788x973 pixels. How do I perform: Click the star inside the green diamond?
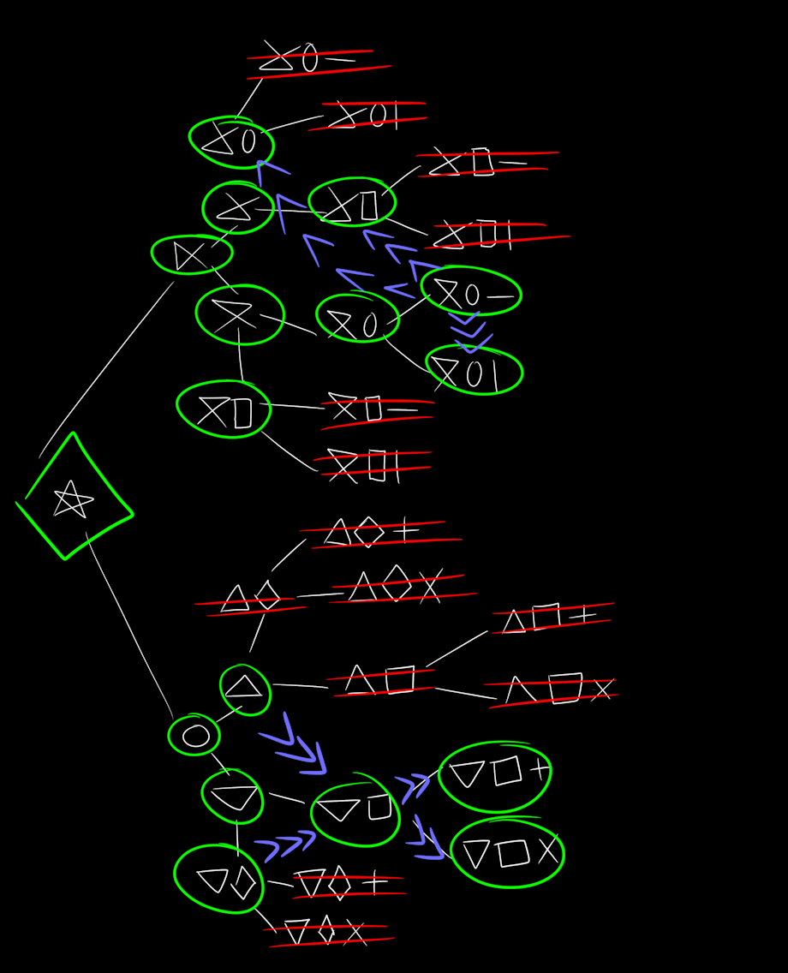(72, 499)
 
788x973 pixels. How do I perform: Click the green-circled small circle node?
(194, 735)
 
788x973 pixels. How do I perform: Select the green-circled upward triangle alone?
(245, 689)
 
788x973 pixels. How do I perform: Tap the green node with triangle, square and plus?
(495, 775)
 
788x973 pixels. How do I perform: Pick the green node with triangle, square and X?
(507, 853)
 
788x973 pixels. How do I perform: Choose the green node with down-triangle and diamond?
(219, 879)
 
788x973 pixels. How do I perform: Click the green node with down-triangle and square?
(355, 811)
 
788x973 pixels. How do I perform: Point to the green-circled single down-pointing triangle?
(233, 796)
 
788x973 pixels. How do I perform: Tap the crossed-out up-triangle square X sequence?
(553, 690)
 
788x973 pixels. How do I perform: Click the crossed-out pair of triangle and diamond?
(250, 600)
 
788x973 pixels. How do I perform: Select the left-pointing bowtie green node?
(192, 254)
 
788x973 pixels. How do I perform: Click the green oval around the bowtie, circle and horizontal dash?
(471, 292)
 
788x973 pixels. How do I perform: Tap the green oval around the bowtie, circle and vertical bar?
(474, 371)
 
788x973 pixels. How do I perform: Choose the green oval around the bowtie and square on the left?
(224, 409)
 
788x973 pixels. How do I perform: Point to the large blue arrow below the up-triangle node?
(295, 745)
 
